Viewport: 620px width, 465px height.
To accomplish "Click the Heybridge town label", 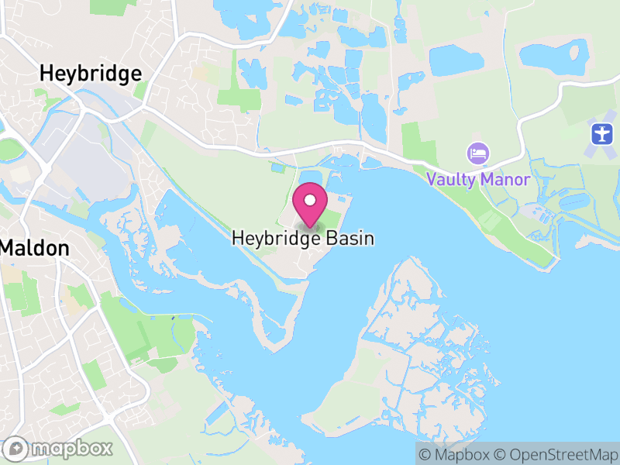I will (91, 74).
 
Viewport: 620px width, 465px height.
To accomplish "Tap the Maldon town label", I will (36, 249).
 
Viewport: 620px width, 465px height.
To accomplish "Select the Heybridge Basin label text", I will (303, 239).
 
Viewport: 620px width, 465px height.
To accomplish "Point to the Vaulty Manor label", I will (478, 180).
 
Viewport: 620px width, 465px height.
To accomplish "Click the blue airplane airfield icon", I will (601, 133).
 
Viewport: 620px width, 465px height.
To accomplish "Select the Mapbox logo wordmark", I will (71, 448).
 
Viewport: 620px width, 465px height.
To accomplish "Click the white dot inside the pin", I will (310, 201).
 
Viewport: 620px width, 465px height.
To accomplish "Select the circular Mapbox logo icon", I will (16, 448).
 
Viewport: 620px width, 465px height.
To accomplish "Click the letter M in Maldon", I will (10, 249).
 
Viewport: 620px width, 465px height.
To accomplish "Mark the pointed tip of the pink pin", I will (310, 227).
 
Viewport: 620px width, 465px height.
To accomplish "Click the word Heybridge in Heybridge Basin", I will (274, 239).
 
